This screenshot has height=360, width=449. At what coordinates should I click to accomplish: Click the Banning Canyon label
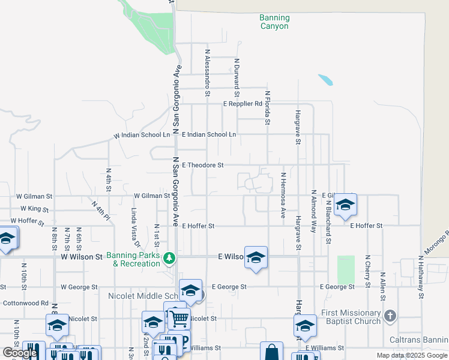(x=274, y=22)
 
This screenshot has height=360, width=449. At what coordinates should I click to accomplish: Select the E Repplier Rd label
(x=243, y=104)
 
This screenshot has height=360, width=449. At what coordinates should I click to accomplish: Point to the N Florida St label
(x=268, y=106)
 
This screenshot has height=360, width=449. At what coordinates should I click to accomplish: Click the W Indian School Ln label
(x=142, y=136)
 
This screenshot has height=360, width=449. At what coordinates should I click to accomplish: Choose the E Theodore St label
(x=202, y=165)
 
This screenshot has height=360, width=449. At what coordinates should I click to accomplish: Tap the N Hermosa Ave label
(x=283, y=195)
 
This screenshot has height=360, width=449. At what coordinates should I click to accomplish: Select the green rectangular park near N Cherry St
(x=346, y=270)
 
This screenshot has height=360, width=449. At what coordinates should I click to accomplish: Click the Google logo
(x=20, y=353)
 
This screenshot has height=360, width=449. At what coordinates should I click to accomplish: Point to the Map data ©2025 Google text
(x=411, y=355)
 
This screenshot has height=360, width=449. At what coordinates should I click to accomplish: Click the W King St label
(x=34, y=209)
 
